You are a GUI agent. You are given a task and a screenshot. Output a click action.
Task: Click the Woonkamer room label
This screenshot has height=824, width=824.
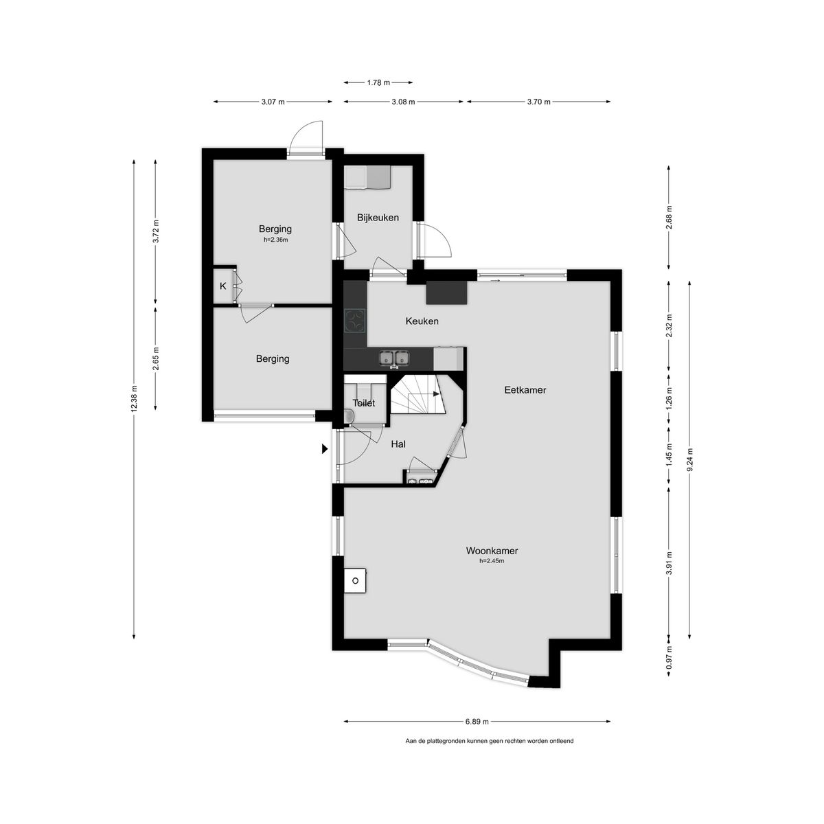click(x=492, y=551)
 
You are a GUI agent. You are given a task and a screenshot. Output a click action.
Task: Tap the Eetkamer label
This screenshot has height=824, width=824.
click(x=525, y=390)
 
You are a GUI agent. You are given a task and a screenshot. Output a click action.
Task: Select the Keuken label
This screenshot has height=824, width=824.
click(x=422, y=321)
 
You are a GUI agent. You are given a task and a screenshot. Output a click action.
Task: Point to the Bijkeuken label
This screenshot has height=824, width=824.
click(x=378, y=218)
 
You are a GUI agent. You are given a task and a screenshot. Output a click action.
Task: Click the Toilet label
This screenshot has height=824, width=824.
click(x=364, y=403)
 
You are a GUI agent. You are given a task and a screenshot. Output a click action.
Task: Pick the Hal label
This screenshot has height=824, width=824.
click(x=398, y=444)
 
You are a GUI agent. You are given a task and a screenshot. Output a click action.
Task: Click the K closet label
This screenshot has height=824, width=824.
click(x=222, y=286)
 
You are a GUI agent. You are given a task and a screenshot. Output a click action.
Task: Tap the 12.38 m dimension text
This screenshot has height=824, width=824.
click(x=135, y=398)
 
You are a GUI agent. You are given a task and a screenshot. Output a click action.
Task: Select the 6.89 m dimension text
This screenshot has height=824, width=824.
click(x=477, y=722)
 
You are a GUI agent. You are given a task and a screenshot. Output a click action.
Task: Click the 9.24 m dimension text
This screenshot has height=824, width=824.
click(x=689, y=459)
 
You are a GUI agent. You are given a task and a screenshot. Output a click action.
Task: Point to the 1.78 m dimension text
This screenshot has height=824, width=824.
click(x=378, y=82)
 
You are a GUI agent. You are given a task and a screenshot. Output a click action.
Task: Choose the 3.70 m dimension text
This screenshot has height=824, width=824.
click(x=539, y=102)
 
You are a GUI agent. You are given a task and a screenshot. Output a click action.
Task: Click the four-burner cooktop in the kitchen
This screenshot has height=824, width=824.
click(x=355, y=321)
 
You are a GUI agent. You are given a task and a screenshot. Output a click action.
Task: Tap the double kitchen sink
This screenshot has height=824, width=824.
click(x=394, y=358)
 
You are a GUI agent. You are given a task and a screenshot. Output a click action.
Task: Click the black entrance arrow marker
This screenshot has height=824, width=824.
click(x=325, y=448)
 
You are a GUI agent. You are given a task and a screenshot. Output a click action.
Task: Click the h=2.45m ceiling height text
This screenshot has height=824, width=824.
click(x=492, y=561)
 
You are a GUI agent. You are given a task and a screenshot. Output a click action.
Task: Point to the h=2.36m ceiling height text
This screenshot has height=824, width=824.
click(x=275, y=240)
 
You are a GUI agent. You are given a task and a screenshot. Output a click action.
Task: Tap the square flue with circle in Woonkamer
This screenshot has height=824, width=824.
click(x=355, y=581)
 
